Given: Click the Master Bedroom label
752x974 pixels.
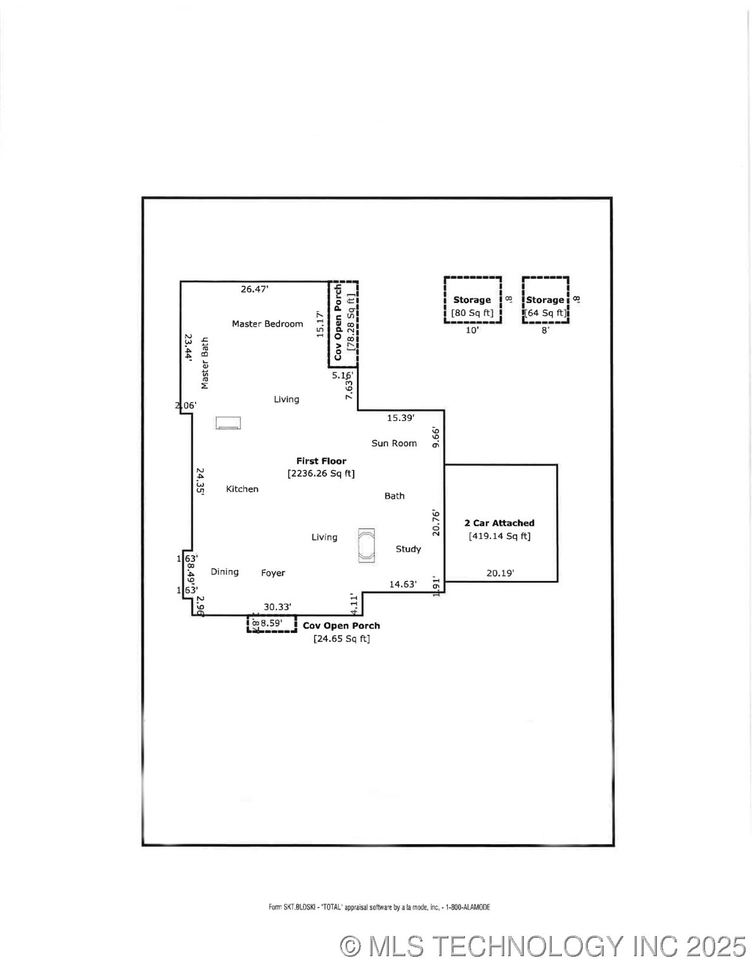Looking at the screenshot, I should pyautogui.click(x=267, y=324).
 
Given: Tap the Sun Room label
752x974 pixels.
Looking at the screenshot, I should pyautogui.click(x=394, y=443).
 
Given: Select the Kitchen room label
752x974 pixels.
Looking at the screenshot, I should pyautogui.click(x=242, y=489).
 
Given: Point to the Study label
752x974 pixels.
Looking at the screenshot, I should pyautogui.click(x=408, y=549).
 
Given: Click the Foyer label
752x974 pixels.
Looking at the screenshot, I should pyautogui.click(x=273, y=573).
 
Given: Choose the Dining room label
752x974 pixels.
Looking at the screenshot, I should pyautogui.click(x=225, y=572).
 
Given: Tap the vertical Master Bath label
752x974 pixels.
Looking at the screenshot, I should pyautogui.click(x=205, y=363).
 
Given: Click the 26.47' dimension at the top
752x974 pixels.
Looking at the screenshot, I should pyautogui.click(x=255, y=289).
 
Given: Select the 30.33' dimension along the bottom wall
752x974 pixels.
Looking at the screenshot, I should pyautogui.click(x=277, y=607).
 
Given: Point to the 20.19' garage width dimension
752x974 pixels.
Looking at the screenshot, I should pyautogui.click(x=500, y=573).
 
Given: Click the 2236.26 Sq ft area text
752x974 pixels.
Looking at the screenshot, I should pyautogui.click(x=321, y=474).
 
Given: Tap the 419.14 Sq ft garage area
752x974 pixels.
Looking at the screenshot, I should pyautogui.click(x=500, y=536).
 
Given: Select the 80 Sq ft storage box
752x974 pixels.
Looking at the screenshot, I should pyautogui.click(x=473, y=301).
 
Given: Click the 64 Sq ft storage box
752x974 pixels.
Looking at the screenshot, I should pyautogui.click(x=545, y=301).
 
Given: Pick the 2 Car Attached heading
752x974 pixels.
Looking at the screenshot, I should pyautogui.click(x=499, y=523).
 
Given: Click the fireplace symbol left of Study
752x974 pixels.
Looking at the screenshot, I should pyautogui.click(x=366, y=545).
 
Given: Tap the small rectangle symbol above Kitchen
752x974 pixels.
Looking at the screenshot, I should pyautogui.click(x=228, y=423).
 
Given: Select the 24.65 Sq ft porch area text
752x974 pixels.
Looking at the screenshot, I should pyautogui.click(x=341, y=639).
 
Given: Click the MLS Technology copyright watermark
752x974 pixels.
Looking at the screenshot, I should pyautogui.click(x=543, y=947).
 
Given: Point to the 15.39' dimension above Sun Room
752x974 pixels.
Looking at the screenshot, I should pyautogui.click(x=400, y=418).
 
